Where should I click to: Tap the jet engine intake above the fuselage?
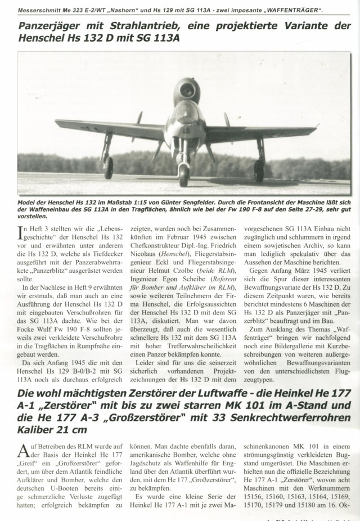(x=183, y=88)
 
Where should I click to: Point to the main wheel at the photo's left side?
(x=109, y=167)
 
